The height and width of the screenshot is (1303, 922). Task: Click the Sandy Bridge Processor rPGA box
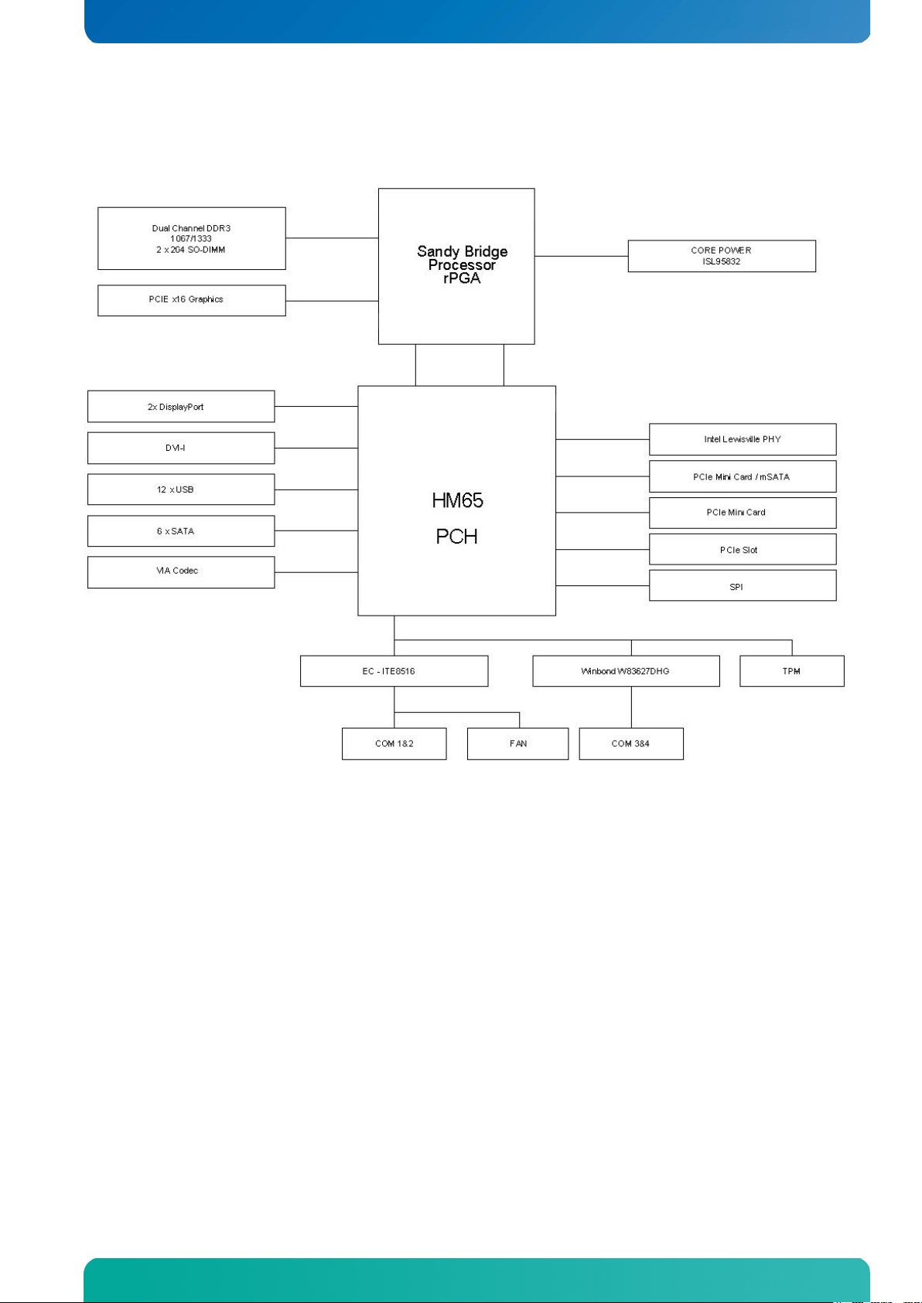(456, 266)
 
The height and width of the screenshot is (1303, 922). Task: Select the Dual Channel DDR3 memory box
(191, 238)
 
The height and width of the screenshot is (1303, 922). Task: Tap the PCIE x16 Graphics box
(191, 300)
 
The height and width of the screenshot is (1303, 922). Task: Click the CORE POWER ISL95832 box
(722, 256)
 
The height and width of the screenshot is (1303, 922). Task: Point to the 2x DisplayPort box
(181, 406)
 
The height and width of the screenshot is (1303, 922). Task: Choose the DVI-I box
(181, 448)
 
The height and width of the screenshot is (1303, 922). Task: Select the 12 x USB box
(181, 489)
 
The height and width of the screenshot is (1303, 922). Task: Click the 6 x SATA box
(181, 530)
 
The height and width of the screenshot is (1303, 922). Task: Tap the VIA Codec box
(181, 572)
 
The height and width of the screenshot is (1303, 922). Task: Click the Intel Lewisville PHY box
(743, 439)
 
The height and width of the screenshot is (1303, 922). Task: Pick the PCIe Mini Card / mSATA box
(743, 476)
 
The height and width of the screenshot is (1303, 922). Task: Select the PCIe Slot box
(743, 549)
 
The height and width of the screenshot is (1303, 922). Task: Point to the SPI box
(743, 585)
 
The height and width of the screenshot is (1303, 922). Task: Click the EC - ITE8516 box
(394, 671)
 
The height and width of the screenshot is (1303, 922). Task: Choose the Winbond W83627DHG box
(626, 671)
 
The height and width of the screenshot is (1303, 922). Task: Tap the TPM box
(792, 671)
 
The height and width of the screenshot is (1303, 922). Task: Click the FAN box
(517, 744)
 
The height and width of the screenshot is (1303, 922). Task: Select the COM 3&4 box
(631, 744)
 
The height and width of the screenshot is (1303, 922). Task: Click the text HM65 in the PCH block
(457, 500)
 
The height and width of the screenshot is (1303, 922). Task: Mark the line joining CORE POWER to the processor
(581, 256)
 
